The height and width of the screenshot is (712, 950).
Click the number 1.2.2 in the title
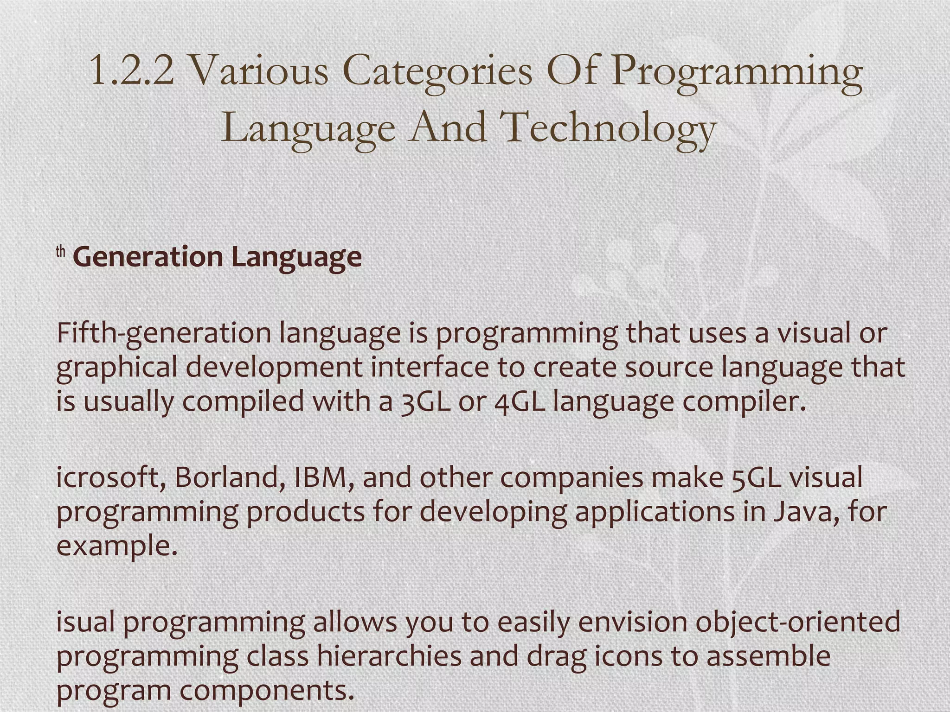[x=131, y=70]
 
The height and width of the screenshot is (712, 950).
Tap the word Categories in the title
[x=437, y=72]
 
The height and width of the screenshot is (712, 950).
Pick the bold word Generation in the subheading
[x=148, y=257]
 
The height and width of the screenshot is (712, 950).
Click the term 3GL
[x=425, y=401]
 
